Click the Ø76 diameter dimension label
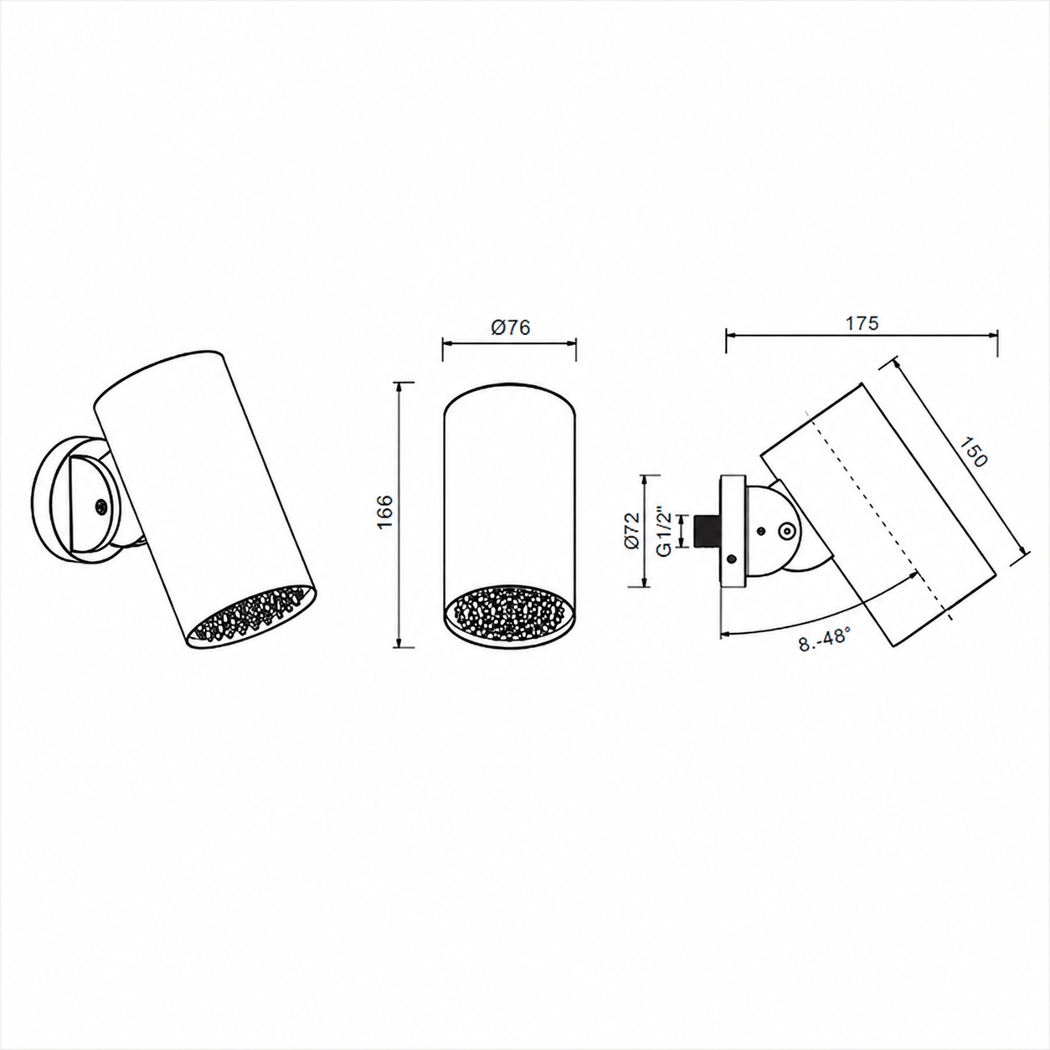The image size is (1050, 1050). [x=510, y=327]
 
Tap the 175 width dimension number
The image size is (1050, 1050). [x=862, y=324]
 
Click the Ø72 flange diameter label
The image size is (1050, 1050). [x=631, y=531]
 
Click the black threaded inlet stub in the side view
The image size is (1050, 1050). [x=706, y=531]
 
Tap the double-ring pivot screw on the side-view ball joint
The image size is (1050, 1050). [x=786, y=532]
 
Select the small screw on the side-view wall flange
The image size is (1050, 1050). [x=733, y=558]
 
